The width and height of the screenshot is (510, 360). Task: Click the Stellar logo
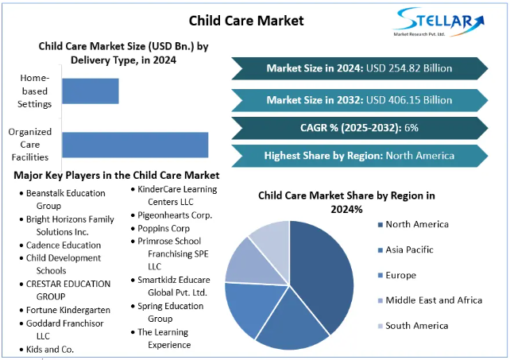pos(439,21)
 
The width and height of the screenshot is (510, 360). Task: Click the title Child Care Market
pos(246,21)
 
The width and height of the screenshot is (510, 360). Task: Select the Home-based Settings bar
pos(91,91)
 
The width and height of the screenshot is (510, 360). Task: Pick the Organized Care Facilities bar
pos(135,145)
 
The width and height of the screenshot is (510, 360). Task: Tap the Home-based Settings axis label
pos(34,91)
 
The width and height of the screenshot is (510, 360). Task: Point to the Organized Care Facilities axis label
pos(30,145)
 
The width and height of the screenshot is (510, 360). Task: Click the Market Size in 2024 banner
pos(360,68)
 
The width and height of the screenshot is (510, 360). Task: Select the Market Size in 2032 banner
pos(360,100)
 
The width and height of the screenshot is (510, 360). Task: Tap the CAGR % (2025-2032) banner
pos(360,128)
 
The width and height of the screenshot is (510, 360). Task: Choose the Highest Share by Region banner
pos(360,156)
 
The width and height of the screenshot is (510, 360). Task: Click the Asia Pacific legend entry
pos(406,250)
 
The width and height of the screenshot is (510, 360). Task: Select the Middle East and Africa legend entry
pos(430,300)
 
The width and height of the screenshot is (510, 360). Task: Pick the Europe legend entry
pos(397,276)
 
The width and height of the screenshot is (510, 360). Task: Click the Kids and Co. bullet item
pos(47,350)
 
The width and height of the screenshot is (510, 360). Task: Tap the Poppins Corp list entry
pos(160,229)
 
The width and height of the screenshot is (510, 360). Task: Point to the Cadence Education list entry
pos(60,245)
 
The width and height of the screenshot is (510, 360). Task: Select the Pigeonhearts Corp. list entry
pos(172,215)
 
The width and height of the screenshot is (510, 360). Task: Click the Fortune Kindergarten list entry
pos(64,310)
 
